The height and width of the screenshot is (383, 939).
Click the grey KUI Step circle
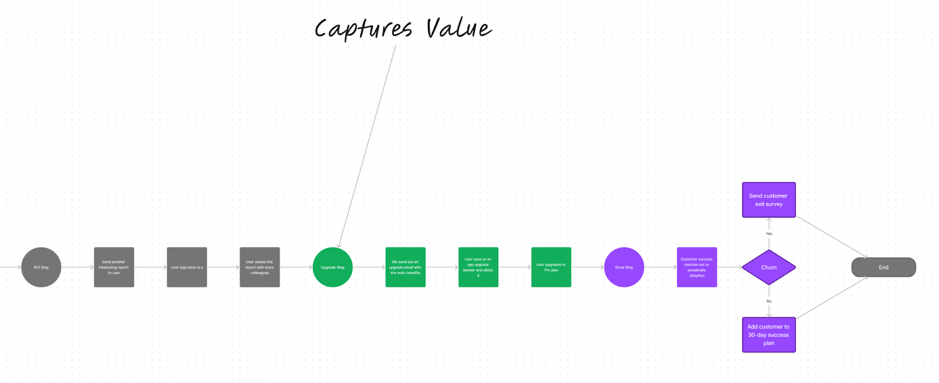(x=41, y=267)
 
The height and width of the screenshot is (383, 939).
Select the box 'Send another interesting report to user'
(x=114, y=267)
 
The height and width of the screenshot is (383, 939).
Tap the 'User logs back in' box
(x=187, y=267)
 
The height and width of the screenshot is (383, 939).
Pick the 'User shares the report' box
(x=259, y=267)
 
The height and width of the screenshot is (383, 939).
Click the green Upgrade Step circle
(x=333, y=267)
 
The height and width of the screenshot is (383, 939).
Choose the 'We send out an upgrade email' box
(x=406, y=267)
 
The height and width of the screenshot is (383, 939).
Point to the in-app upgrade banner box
(x=478, y=267)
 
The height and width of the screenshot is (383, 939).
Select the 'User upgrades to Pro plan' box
(x=551, y=267)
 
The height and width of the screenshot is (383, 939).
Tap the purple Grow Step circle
(x=624, y=267)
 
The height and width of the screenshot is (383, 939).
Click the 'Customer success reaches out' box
(x=697, y=267)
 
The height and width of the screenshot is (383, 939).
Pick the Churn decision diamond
(x=769, y=267)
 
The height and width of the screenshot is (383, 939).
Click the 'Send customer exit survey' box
(x=769, y=200)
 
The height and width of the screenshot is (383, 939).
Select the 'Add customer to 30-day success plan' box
(x=769, y=335)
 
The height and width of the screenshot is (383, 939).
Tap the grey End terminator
(x=883, y=267)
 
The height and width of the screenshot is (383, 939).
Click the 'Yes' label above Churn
(x=769, y=233)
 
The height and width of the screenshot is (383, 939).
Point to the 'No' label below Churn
(x=769, y=301)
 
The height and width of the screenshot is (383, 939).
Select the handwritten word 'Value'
(x=458, y=28)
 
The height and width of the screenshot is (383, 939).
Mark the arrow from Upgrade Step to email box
(x=369, y=267)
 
